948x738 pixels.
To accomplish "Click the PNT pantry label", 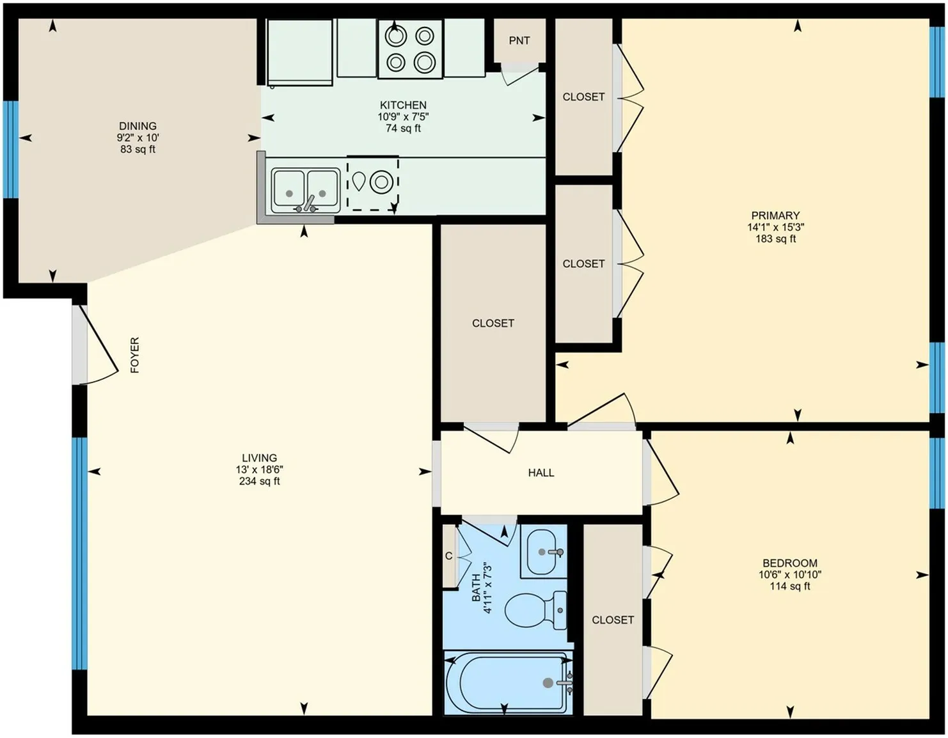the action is (x=519, y=40).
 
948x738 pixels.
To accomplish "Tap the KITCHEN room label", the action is (x=403, y=105).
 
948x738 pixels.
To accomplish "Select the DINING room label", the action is (x=138, y=126).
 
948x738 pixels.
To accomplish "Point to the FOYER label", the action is (x=135, y=355).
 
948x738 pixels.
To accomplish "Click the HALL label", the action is (x=541, y=473).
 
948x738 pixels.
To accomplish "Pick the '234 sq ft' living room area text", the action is (x=260, y=481).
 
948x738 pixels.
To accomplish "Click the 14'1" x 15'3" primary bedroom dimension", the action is (x=775, y=227).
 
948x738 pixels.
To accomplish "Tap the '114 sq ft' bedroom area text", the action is (x=789, y=586).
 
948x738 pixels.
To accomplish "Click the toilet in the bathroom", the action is (x=536, y=610).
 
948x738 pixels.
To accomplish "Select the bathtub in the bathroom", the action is (x=509, y=683).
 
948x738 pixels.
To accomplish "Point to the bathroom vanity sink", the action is (x=544, y=552).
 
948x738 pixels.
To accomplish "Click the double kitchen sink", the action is (x=305, y=191).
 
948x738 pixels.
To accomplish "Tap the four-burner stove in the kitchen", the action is (x=410, y=49).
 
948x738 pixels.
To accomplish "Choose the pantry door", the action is (x=521, y=74).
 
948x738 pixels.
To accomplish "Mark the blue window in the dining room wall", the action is (x=11, y=150).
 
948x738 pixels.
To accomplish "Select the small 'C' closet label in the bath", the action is (x=448, y=556).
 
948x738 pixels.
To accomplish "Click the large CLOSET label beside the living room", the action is (x=493, y=323).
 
